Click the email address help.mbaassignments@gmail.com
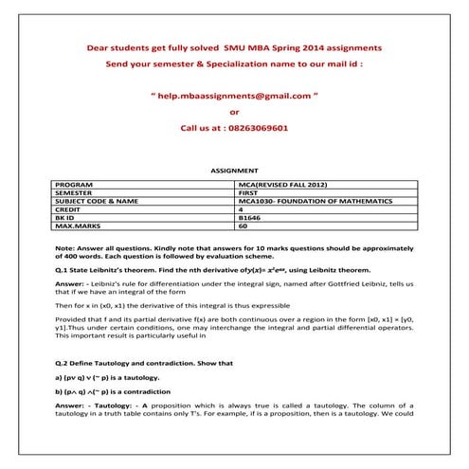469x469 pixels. [236, 96]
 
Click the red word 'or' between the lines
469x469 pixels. [235, 111]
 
